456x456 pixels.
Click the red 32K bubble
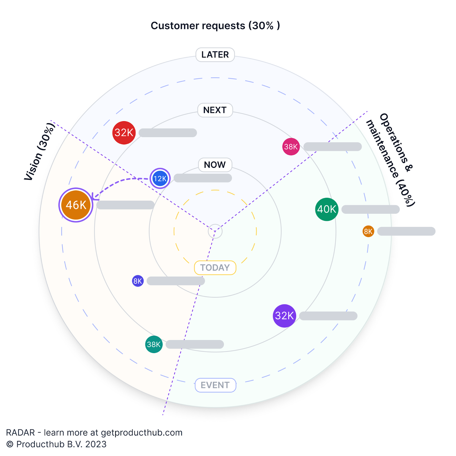tap(124, 133)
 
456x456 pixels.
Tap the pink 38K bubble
tap(291, 147)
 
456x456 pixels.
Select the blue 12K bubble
tap(160, 179)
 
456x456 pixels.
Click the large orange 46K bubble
tap(76, 205)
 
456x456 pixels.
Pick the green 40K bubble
tap(327, 209)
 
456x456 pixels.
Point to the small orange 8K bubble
tap(368, 231)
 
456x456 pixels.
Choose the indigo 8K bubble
tap(138, 281)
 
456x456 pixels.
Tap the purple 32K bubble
tap(284, 316)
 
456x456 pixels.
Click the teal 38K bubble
tap(154, 344)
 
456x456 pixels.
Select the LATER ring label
tap(215, 55)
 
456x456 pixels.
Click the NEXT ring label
tap(215, 110)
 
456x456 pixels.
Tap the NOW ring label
tap(215, 165)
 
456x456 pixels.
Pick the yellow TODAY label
tap(215, 268)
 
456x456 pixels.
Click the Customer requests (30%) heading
tap(215, 26)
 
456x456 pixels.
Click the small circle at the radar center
tap(215, 231)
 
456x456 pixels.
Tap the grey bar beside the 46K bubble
tap(125, 205)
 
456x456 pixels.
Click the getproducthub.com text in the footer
tap(142, 433)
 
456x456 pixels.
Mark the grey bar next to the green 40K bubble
tap(370, 209)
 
